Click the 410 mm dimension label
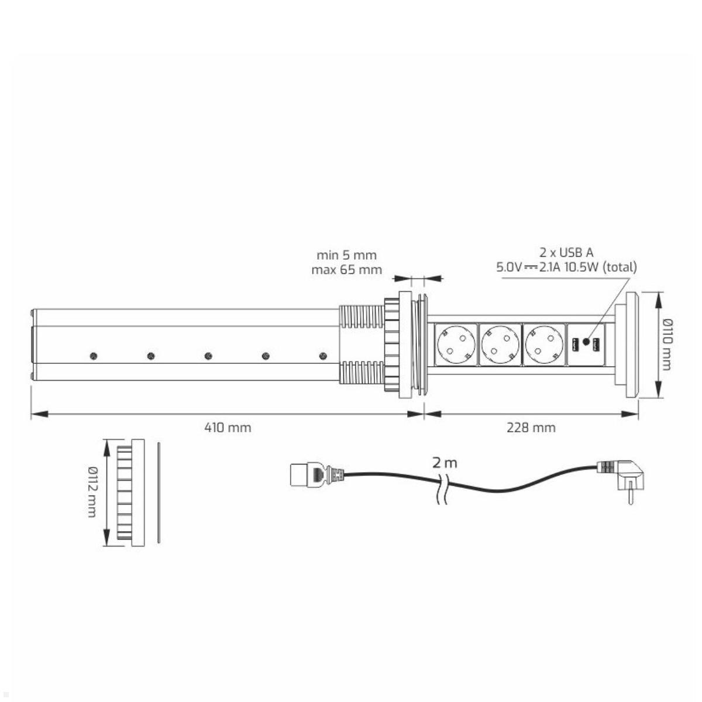228,428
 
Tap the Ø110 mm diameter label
672,344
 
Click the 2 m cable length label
445,463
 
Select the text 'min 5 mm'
346,255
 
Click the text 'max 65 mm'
346,270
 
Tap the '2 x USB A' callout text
566,252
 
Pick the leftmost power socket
455,345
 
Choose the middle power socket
500,345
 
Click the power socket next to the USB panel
544,345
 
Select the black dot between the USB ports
586,341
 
